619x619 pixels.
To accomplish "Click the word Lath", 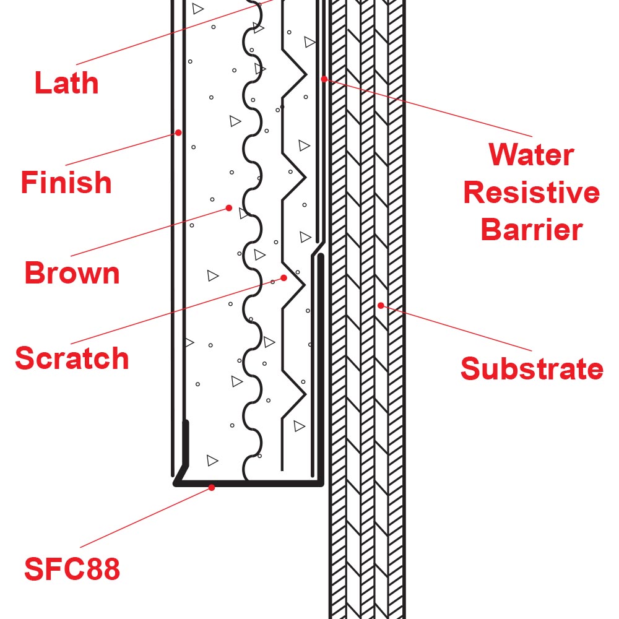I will coord(66,83).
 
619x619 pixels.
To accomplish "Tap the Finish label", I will coord(66,183).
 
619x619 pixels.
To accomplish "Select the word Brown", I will coord(72,273).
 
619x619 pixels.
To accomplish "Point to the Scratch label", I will coord(72,358).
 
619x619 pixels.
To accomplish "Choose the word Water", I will coord(531,155).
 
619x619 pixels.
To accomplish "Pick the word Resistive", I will coord(531,193).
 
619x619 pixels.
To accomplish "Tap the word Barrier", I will coord(531,230).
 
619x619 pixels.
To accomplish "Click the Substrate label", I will coord(531,369).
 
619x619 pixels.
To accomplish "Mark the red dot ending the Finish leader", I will coord(178,132).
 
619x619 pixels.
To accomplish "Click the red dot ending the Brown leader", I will coord(229,208).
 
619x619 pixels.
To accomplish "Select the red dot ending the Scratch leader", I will coord(284,278).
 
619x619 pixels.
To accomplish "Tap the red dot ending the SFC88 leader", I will coord(212,488).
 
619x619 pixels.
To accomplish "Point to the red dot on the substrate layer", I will coord(381,305).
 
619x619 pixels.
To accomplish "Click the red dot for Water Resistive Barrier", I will coord(324,79).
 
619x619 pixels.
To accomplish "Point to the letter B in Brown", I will coord(33,273).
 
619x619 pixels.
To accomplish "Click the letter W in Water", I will coord(501,155).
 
